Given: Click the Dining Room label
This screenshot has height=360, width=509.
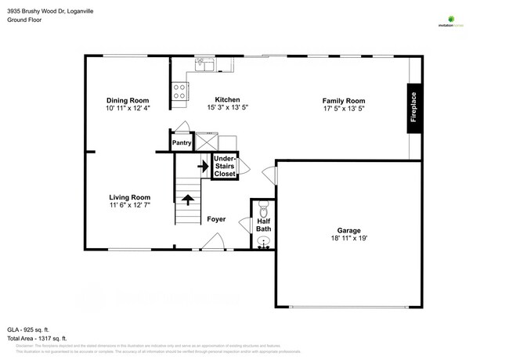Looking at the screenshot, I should pos(128,100).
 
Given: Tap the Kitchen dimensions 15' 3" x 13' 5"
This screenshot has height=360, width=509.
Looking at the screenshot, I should pos(227,109).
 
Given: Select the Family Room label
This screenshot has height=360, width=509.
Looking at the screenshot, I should pos(344,100).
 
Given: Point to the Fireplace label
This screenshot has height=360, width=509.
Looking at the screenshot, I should pos(414,109).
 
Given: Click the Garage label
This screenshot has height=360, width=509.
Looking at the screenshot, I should pos(349,231).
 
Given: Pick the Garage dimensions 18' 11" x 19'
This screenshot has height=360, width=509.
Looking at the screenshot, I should pos(349,239).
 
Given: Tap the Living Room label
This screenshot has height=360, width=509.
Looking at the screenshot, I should pos(129,197).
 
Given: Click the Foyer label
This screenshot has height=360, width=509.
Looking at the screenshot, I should pos(216,220).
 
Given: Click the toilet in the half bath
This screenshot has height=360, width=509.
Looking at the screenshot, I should pos(263,209).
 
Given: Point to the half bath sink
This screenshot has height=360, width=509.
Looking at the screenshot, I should pos(263,242).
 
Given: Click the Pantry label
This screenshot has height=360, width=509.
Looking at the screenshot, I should pos(182,142).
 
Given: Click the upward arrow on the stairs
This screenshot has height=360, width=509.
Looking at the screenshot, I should pos(188,199).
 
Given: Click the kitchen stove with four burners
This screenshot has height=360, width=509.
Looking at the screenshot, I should pos(179,92).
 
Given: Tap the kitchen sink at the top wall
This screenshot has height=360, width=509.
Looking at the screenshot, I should pos(205,64).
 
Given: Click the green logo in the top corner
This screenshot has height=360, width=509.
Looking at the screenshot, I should pos(450,18).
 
